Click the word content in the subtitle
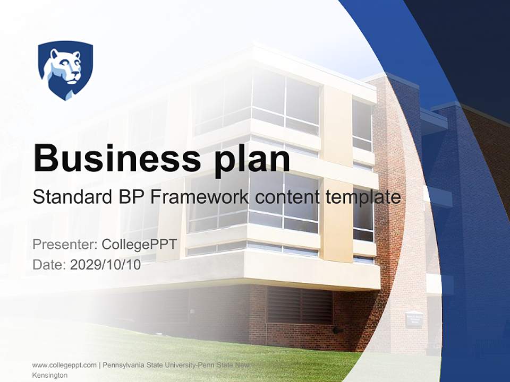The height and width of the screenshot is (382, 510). click(x=287, y=197)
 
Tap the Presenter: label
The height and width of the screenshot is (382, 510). click(x=64, y=245)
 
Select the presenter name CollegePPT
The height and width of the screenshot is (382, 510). click(x=139, y=245)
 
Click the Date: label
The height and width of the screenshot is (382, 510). click(x=49, y=265)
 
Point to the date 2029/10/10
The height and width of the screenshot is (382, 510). click(x=106, y=265)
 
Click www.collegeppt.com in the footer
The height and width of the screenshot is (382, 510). click(x=64, y=365)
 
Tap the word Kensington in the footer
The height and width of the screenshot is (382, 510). click(x=50, y=375)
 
